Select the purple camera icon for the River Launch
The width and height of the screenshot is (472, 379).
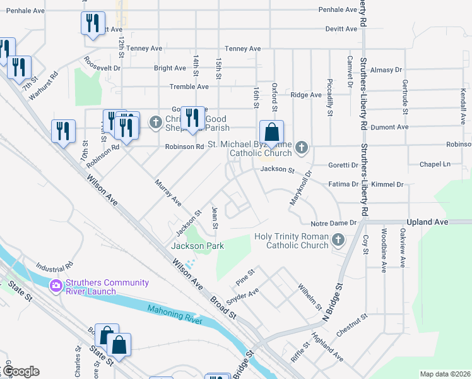[56, 286]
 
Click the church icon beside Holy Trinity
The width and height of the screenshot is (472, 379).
[338, 240]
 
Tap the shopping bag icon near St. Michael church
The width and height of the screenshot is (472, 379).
[271, 133]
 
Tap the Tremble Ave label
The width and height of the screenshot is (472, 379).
[189, 87]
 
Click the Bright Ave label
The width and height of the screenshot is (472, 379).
[170, 68]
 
